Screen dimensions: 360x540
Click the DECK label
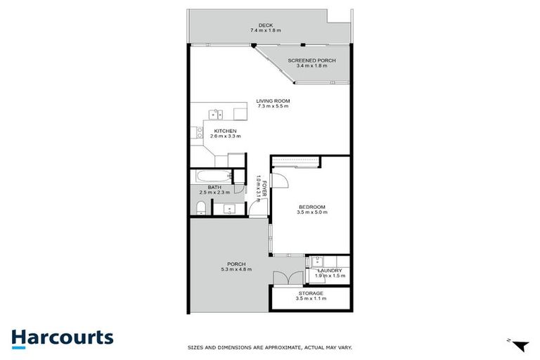click(x=265, y=25)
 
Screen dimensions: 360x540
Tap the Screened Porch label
click(x=311, y=61)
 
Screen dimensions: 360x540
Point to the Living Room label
click(x=273, y=101)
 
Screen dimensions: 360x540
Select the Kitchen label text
click(x=224, y=131)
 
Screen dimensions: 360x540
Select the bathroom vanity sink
click(x=229, y=208)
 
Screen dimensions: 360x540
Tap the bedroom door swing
click(x=281, y=178)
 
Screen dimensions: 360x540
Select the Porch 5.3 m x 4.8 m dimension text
click(x=236, y=269)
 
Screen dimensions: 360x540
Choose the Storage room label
click(x=310, y=293)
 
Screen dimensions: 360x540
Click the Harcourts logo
click(x=63, y=337)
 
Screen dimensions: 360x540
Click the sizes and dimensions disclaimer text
click(x=270, y=347)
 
